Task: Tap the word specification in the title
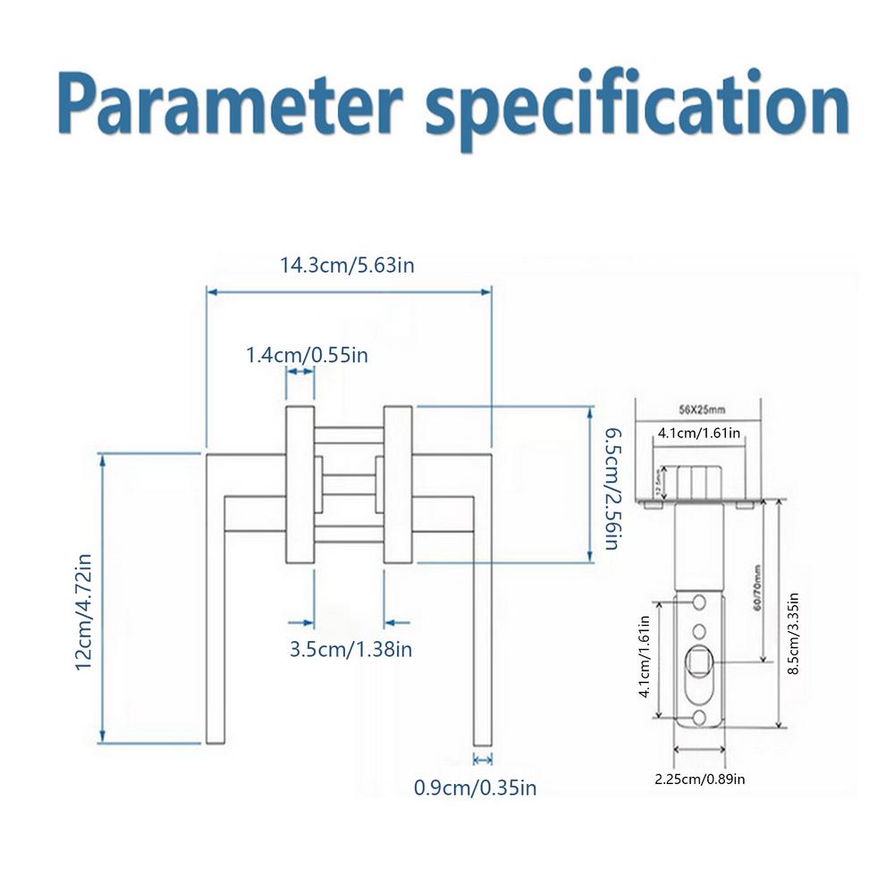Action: click(637, 105)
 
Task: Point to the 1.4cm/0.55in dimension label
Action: click(307, 355)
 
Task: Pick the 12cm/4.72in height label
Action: click(85, 611)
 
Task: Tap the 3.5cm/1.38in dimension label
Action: click(350, 649)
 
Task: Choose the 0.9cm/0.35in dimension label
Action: click(475, 788)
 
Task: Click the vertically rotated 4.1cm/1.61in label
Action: click(643, 661)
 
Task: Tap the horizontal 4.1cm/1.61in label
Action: click(698, 433)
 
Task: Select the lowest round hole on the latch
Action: click(698, 718)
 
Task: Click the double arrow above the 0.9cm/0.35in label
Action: click(483, 760)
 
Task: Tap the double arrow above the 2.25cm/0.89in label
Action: click(698, 749)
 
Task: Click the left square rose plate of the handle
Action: click(299, 485)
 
